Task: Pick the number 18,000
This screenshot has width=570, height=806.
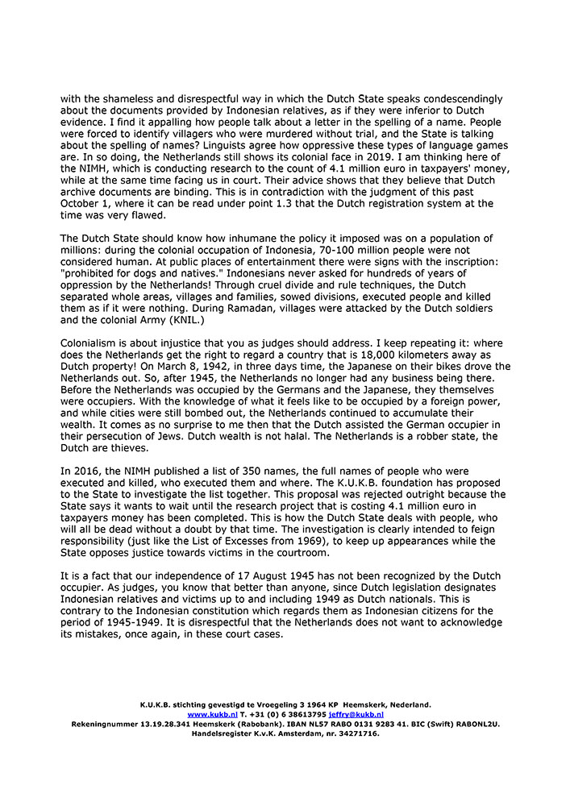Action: pos(381,355)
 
